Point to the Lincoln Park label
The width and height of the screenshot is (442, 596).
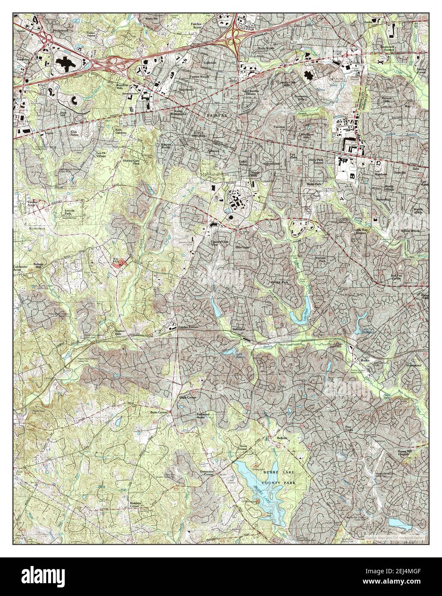70,212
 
